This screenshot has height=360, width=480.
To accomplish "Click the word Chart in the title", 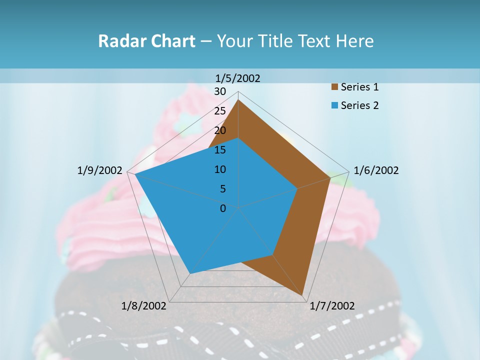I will (172, 41).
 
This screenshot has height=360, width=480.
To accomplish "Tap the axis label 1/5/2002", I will (238, 78).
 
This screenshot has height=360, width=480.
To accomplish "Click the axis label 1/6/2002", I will (376, 170).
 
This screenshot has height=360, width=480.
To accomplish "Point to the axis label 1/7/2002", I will (332, 306).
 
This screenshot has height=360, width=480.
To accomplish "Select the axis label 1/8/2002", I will (143, 306).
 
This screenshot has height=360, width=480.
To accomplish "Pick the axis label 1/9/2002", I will (100, 170).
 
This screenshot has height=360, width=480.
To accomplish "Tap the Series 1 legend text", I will (359, 87).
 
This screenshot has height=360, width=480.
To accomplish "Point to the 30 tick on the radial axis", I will (220, 91).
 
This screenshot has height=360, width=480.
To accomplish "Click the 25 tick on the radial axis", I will (220, 111).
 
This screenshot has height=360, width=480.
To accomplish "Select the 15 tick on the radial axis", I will (220, 150).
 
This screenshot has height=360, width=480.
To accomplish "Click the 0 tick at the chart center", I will (223, 208).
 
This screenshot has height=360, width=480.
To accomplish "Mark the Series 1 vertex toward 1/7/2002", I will (303, 296).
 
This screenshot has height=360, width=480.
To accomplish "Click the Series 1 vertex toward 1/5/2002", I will (238, 100).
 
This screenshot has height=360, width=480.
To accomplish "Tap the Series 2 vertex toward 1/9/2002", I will (135, 174).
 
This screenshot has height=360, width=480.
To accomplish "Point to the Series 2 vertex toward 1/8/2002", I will (190, 273).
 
